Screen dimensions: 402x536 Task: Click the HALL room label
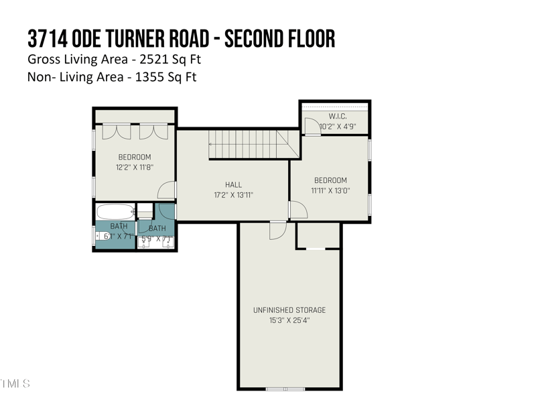[233, 185]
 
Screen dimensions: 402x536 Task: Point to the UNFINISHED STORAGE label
[289, 310]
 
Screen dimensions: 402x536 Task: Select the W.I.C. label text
[337, 116]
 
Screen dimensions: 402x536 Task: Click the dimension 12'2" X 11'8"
[135, 167]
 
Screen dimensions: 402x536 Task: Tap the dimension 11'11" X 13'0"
[330, 190]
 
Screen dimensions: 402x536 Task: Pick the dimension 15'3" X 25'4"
[289, 320]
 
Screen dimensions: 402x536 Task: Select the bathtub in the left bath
[116, 212]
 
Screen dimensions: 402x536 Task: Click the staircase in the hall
[248, 142]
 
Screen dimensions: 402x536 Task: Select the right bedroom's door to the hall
[297, 210]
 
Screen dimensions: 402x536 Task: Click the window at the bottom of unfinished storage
[285, 389]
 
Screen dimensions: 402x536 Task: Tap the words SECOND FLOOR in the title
[279, 38]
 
